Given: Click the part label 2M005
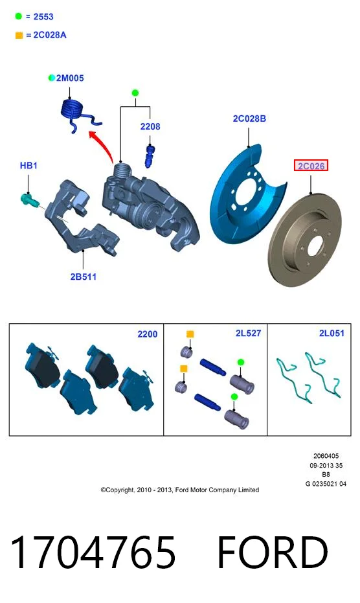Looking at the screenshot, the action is click(70, 78).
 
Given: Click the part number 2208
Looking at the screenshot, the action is click(150, 126).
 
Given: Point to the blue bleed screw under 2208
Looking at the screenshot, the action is click(149, 156).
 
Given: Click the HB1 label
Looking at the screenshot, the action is click(28, 166).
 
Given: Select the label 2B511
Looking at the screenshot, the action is click(84, 277).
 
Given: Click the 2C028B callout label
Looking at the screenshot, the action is click(249, 119).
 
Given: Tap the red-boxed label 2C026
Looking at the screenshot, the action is click(311, 166).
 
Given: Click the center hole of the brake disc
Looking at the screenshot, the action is click(315, 245).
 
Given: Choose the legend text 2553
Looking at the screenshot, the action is click(43, 17).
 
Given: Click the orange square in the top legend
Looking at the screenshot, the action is click(19, 36).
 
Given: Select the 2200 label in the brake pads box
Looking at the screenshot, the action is click(148, 334).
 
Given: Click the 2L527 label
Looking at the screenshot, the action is click(248, 334).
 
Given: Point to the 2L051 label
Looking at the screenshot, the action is click(332, 334).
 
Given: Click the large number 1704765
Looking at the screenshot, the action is click(93, 552).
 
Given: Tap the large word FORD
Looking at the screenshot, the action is click(273, 552).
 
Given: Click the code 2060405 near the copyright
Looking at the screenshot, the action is click(326, 456).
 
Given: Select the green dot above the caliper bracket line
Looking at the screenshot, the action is click(135, 93).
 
